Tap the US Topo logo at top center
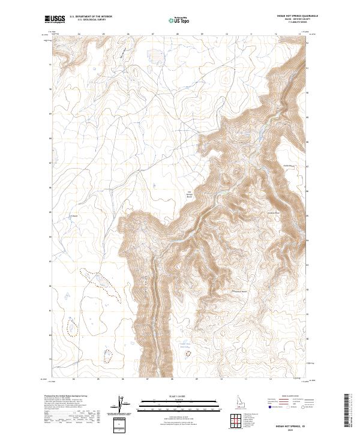pyautogui.click(x=173, y=19)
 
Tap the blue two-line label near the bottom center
pyautogui.click(x=185, y=345)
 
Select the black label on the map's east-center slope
pyautogui.click(x=274, y=214)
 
